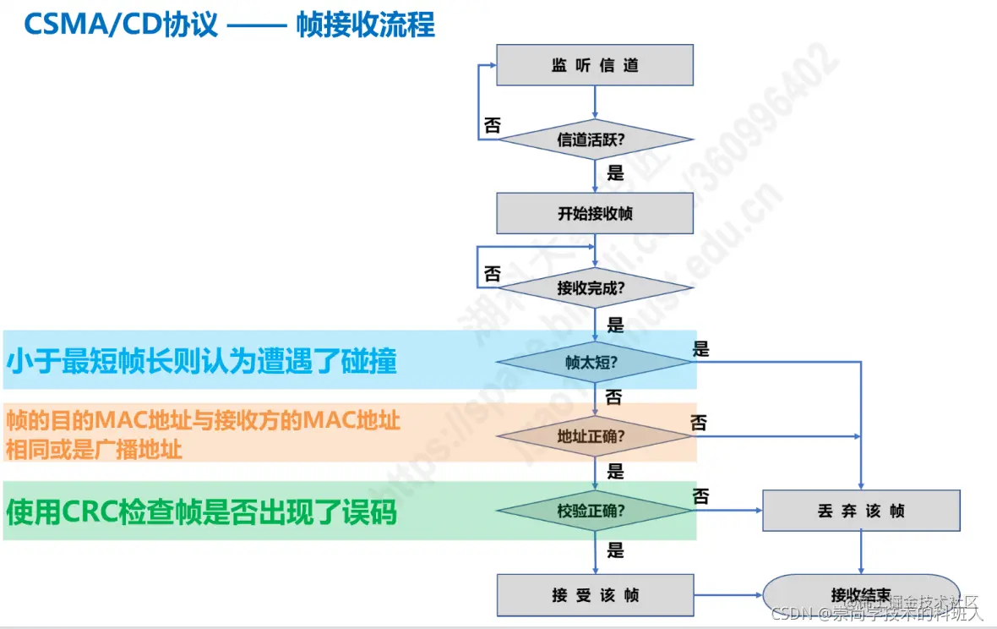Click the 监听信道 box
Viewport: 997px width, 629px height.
point(595,65)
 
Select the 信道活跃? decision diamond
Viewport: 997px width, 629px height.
point(595,139)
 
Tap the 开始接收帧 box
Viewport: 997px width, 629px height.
point(595,213)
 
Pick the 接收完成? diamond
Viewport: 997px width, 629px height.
point(595,287)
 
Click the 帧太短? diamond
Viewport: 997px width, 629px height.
point(595,362)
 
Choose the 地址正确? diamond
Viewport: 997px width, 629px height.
point(595,436)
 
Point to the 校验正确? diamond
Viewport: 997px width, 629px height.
point(595,511)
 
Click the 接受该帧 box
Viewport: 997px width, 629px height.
point(595,595)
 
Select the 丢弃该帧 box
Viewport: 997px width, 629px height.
point(861,511)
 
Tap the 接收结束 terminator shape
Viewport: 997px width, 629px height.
point(861,595)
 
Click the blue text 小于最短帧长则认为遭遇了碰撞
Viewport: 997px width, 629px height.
point(202,362)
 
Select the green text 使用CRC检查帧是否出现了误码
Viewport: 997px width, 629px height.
point(202,511)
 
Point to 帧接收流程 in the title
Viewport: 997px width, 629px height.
point(366,25)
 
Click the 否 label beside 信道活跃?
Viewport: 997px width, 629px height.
point(492,126)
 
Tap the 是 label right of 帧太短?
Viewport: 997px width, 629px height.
point(701,348)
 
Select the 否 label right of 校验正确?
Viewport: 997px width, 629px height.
point(700,497)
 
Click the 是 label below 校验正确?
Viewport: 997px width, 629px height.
point(616,550)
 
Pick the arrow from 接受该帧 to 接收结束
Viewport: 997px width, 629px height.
point(727,595)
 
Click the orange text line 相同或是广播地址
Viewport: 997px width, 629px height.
point(94,449)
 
